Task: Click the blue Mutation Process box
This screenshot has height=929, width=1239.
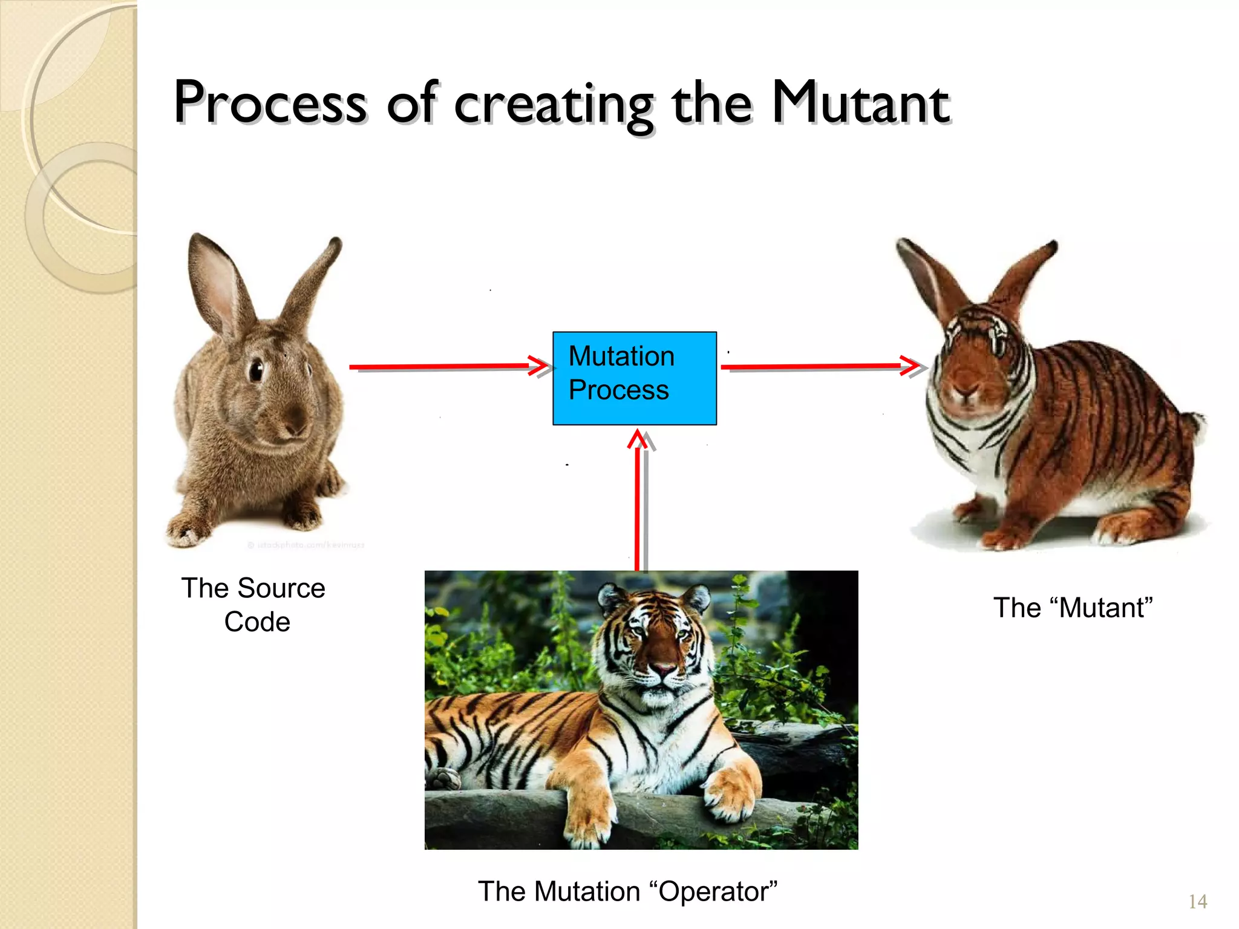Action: [634, 378]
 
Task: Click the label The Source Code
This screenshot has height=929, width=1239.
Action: [254, 605]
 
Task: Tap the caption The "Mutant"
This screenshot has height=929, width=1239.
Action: [1073, 608]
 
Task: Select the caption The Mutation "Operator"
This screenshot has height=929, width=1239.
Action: [627, 891]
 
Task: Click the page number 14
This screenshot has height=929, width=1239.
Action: [1197, 902]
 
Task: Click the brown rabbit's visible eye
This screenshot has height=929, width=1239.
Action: [257, 369]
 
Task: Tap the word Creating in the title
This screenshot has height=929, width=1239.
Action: [553, 104]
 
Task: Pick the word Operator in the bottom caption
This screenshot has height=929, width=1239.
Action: [713, 891]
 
